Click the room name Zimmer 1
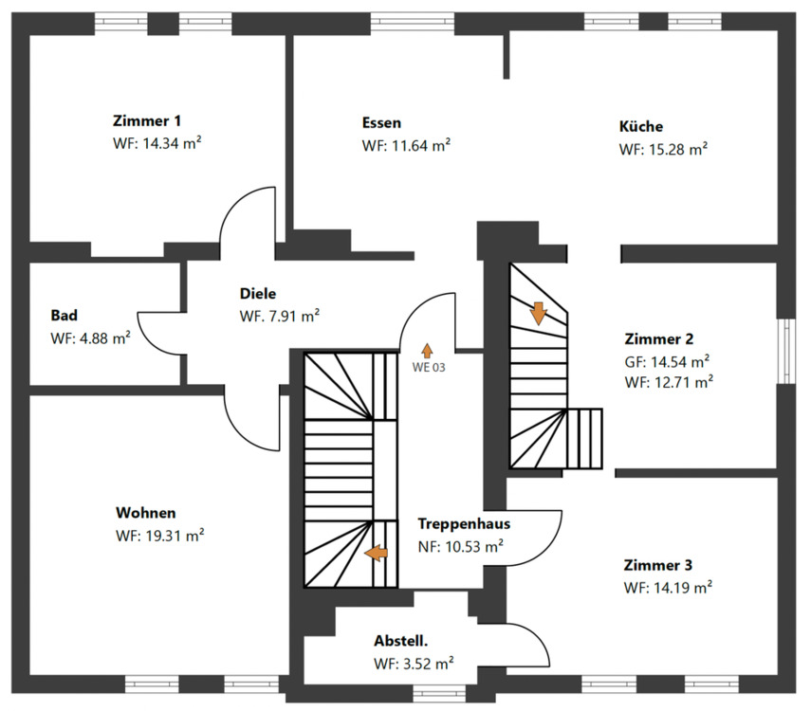point(147,121)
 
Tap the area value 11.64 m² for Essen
point(405,146)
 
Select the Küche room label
point(641,126)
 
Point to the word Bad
point(65,315)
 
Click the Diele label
point(258,294)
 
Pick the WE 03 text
point(428,367)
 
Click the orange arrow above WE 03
point(428,350)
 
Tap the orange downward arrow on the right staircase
point(538,313)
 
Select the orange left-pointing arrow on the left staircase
point(377,553)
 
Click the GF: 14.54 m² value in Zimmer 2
point(668,361)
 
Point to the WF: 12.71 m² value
point(668,382)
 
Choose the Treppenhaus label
point(464,523)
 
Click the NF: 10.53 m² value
point(460,546)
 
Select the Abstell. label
point(406,640)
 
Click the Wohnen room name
point(145,512)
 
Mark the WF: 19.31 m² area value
point(159,535)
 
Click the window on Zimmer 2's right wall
point(786,351)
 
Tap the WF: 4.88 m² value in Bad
point(90,337)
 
